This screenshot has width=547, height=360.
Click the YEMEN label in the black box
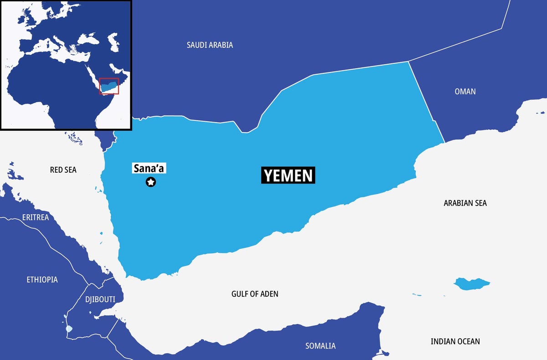(288, 175)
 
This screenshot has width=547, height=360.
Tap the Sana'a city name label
(149, 168)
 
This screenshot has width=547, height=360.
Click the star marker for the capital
(150, 182)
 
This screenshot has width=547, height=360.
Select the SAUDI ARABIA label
(210, 45)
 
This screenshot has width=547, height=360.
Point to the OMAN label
(465, 92)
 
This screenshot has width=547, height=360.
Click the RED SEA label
(63, 170)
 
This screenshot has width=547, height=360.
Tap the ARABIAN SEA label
(465, 203)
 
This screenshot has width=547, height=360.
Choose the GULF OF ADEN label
(254, 294)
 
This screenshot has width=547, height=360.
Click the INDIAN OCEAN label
(455, 341)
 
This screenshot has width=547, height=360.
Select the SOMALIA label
(320, 346)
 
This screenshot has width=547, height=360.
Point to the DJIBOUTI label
(100, 299)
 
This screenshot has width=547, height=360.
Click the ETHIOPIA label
(42, 279)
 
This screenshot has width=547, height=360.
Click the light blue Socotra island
(470, 284)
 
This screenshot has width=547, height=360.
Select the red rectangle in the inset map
(109, 86)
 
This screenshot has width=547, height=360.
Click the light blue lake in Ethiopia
(69, 329)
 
